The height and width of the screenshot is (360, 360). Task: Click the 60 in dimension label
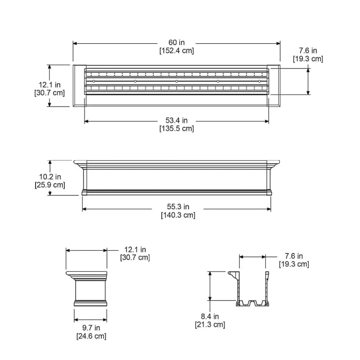[176, 42]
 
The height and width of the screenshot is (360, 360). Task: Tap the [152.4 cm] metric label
[176, 50]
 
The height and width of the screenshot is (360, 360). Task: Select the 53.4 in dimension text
[176, 120]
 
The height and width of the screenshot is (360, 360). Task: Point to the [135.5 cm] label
[176, 128]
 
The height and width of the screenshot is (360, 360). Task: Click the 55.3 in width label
[178, 207]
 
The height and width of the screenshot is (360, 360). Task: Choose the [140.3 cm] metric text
[178, 215]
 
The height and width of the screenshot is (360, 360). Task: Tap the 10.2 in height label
[50, 177]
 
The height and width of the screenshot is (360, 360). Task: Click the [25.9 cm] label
[50, 185]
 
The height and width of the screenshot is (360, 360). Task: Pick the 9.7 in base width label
[91, 328]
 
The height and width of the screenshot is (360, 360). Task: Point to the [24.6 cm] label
[91, 336]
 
